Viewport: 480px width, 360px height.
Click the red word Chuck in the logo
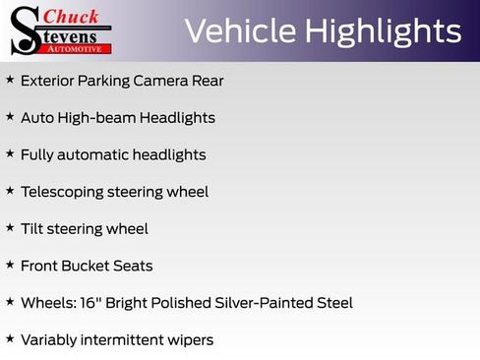pos(71,15)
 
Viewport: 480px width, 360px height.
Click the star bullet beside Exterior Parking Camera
pos(10,79)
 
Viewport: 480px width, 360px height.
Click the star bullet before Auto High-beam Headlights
pos(10,116)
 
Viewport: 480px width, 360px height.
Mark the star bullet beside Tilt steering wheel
pos(10,227)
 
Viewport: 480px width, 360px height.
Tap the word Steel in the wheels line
pos(331,303)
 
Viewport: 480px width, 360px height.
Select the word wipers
pos(190,340)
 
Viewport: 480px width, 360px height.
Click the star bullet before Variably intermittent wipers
pos(10,338)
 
